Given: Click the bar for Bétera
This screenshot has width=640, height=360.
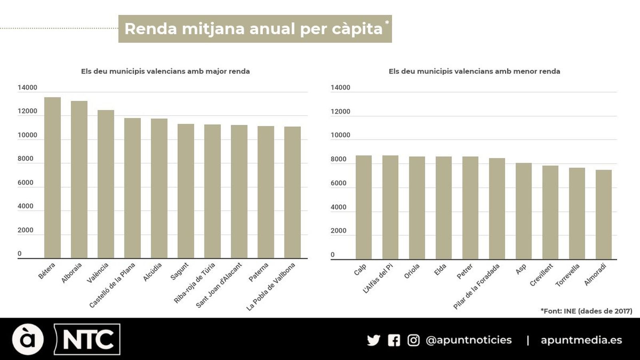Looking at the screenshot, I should pos(52,178).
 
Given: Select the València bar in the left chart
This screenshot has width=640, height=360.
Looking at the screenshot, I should pos(106,184).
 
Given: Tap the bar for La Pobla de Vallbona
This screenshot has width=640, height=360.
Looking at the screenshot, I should pos(292,192).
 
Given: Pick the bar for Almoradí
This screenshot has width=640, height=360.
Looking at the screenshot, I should pos(603,215).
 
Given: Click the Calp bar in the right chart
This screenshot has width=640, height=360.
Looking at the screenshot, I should pos(364,207).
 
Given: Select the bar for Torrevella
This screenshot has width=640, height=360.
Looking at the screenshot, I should pos(577,214).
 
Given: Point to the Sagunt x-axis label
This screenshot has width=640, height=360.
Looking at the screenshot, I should pos(179,272).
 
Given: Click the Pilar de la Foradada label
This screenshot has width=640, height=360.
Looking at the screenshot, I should pos(476,286).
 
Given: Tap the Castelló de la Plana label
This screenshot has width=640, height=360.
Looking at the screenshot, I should pos(112,285).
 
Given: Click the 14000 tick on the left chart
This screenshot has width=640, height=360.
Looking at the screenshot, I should pos(27,88).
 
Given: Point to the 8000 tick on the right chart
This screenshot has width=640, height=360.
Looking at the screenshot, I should pos(338,159).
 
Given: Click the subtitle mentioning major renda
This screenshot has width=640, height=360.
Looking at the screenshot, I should pos(165,71).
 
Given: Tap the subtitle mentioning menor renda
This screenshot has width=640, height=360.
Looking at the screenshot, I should pos(474,71).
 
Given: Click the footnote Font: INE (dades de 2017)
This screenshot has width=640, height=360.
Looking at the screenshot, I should pos(586,311).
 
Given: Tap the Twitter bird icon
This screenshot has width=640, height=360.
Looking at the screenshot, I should pos(373,340).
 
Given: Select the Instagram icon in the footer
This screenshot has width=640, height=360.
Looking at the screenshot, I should pos(413,340).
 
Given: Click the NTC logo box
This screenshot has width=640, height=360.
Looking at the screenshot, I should pos(87,339).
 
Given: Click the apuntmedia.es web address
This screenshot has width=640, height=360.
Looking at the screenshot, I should pos(581,340).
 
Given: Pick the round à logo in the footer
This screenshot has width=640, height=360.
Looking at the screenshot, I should pos(28,339).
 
